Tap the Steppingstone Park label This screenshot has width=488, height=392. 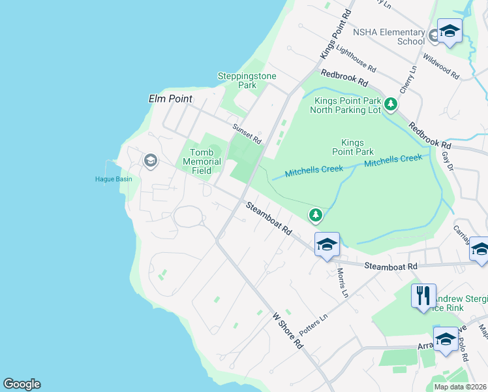tap(247, 80)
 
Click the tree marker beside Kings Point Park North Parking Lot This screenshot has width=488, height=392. tap(391, 104)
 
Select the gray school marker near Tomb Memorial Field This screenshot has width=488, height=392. tap(151, 161)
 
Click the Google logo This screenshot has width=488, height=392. tap(22, 384)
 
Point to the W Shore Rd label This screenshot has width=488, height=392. tap(288, 329)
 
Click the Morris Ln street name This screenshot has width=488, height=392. tap(341, 282)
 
